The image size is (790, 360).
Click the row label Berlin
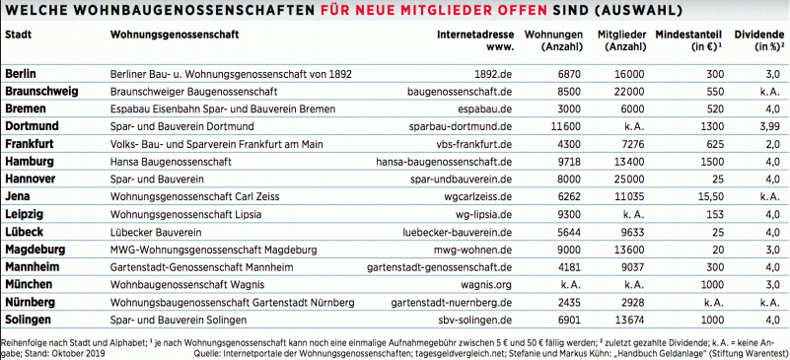point(22,74)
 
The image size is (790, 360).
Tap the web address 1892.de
point(492,74)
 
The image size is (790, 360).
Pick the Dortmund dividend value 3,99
point(769,126)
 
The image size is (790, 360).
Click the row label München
point(28,283)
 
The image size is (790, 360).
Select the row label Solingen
point(28,319)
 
